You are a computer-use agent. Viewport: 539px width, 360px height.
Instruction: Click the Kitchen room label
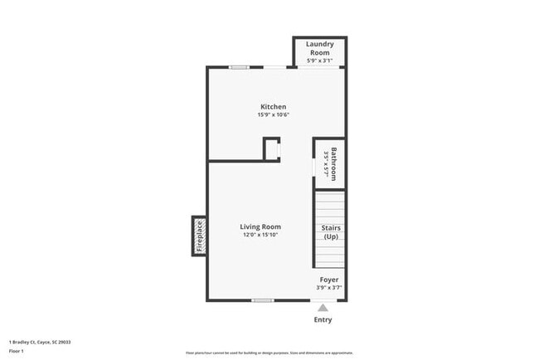273,107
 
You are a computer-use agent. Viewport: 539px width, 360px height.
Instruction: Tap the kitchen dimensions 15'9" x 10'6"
273,115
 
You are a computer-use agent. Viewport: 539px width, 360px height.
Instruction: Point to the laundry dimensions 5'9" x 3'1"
319,61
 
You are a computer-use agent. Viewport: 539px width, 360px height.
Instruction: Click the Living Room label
260,226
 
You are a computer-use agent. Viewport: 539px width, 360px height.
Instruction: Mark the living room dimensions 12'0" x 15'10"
260,236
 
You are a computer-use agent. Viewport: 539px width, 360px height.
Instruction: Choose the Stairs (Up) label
329,232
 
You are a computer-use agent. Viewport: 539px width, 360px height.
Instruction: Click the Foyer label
329,280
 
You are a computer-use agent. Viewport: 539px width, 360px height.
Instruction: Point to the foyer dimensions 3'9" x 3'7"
329,289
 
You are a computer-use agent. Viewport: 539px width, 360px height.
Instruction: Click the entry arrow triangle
323,308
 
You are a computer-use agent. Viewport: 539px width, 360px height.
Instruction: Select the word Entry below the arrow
323,320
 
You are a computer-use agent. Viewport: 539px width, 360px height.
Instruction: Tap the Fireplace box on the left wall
199,236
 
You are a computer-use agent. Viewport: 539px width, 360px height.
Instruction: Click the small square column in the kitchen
271,149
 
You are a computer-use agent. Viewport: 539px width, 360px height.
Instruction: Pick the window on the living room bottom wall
263,299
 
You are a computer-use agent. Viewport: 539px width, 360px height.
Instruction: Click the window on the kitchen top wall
240,67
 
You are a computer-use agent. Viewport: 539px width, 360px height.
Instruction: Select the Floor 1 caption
17,351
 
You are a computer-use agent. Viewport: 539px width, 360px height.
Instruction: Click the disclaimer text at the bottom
269,353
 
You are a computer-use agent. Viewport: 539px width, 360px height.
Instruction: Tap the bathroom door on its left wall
313,168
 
